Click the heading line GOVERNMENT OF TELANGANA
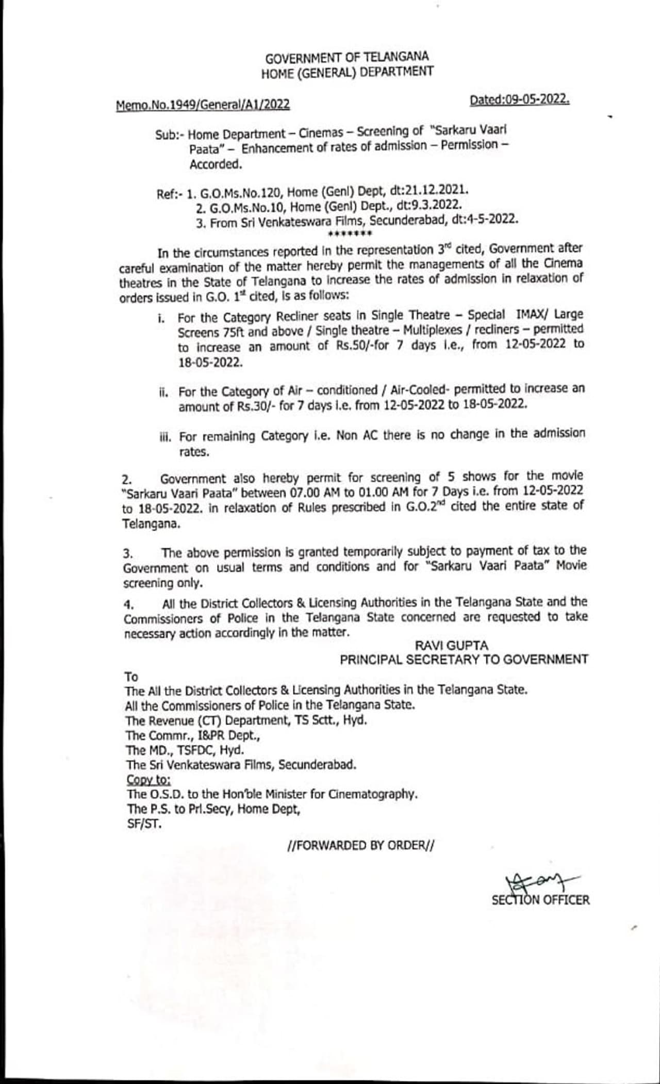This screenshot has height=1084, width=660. [346, 57]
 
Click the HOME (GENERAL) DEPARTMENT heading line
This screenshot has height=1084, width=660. [346, 72]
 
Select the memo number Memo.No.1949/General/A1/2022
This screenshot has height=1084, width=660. [203, 105]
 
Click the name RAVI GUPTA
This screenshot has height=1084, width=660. [452, 646]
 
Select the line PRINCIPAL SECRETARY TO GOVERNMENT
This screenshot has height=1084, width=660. [464, 660]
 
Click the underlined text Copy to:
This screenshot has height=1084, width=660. [149, 779]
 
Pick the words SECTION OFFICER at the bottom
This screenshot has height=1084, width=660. [540, 900]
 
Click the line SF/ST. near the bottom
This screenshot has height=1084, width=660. [144, 824]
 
